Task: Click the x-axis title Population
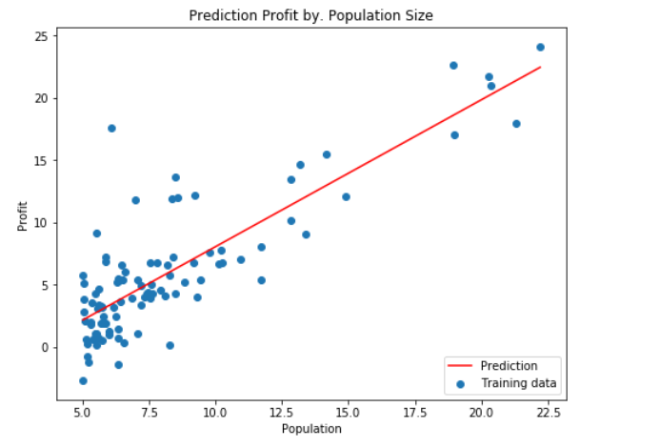[311, 429]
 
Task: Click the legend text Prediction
[509, 366]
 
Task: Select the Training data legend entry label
[518, 384]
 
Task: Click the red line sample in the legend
[462, 366]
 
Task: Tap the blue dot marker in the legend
[462, 384]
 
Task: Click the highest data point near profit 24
[540, 47]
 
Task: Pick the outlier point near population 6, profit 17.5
[111, 128]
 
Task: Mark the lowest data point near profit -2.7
[83, 380]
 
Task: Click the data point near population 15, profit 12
[346, 197]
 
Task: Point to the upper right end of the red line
[540, 68]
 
